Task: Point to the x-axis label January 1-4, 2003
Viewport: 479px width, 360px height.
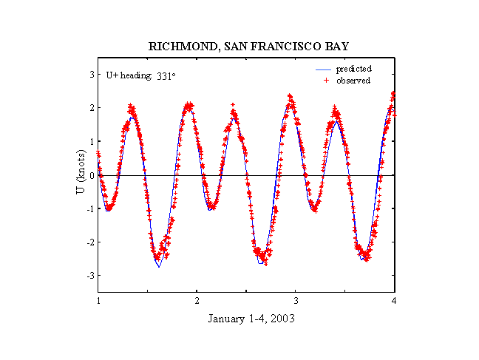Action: [x=246, y=319]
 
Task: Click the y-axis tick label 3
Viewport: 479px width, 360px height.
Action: [x=91, y=74]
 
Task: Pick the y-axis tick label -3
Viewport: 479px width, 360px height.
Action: [x=89, y=276]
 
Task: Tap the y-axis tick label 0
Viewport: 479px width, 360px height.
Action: [x=91, y=175]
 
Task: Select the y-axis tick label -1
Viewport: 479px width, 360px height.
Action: [x=89, y=208]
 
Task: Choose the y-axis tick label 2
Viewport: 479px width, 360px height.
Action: [x=91, y=108]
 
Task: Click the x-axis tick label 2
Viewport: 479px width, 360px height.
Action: [x=197, y=301]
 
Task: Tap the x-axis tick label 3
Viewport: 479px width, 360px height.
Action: [x=296, y=301]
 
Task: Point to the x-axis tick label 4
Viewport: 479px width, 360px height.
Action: [x=395, y=301]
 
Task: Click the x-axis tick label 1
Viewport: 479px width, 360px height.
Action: [x=98, y=301]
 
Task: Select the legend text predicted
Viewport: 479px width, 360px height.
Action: [x=353, y=69]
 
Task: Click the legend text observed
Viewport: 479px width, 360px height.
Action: [x=353, y=81]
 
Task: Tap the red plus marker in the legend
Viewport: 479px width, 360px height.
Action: [x=325, y=81]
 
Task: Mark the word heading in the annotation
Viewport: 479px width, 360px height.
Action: [x=137, y=75]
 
